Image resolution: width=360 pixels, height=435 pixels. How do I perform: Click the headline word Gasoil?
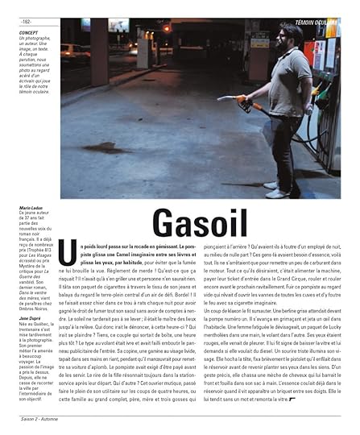click(186, 222)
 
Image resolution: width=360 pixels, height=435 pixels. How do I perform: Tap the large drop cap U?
click(72, 250)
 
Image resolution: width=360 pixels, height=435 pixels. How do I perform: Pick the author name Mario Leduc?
click(31, 207)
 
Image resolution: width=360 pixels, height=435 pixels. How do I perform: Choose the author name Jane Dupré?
click(31, 318)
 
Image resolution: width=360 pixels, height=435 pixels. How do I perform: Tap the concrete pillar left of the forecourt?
click(144, 48)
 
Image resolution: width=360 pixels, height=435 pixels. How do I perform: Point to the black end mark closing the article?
click(292, 400)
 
